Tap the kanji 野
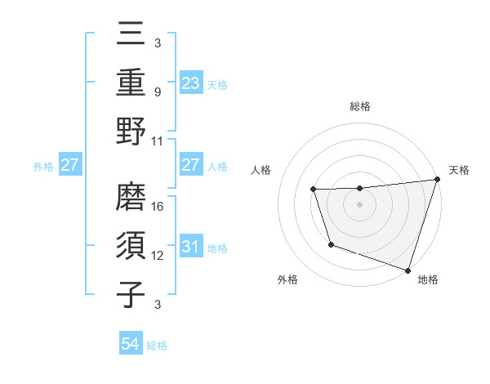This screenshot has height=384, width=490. (x=132, y=131)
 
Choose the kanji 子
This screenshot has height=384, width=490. (x=132, y=293)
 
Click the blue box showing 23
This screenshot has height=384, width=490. (x=190, y=83)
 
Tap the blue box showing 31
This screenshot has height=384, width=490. (x=190, y=247)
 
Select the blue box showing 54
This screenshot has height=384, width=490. (x=131, y=345)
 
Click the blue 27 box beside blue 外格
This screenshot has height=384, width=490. (x=69, y=165)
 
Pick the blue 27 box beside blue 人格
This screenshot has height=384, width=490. (x=190, y=165)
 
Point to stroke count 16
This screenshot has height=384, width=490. (x=158, y=206)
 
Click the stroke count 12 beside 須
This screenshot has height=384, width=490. (x=158, y=256)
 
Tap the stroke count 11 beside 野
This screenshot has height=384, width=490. (x=158, y=141)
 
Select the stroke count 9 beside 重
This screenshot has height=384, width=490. (x=158, y=92)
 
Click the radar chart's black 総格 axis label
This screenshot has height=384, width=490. (x=359, y=107)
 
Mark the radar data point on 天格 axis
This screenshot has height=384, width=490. (x=437, y=180)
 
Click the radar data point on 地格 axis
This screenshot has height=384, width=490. (x=408, y=270)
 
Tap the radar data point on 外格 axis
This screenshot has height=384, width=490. (x=331, y=244)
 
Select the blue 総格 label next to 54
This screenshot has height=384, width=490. (x=157, y=346)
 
